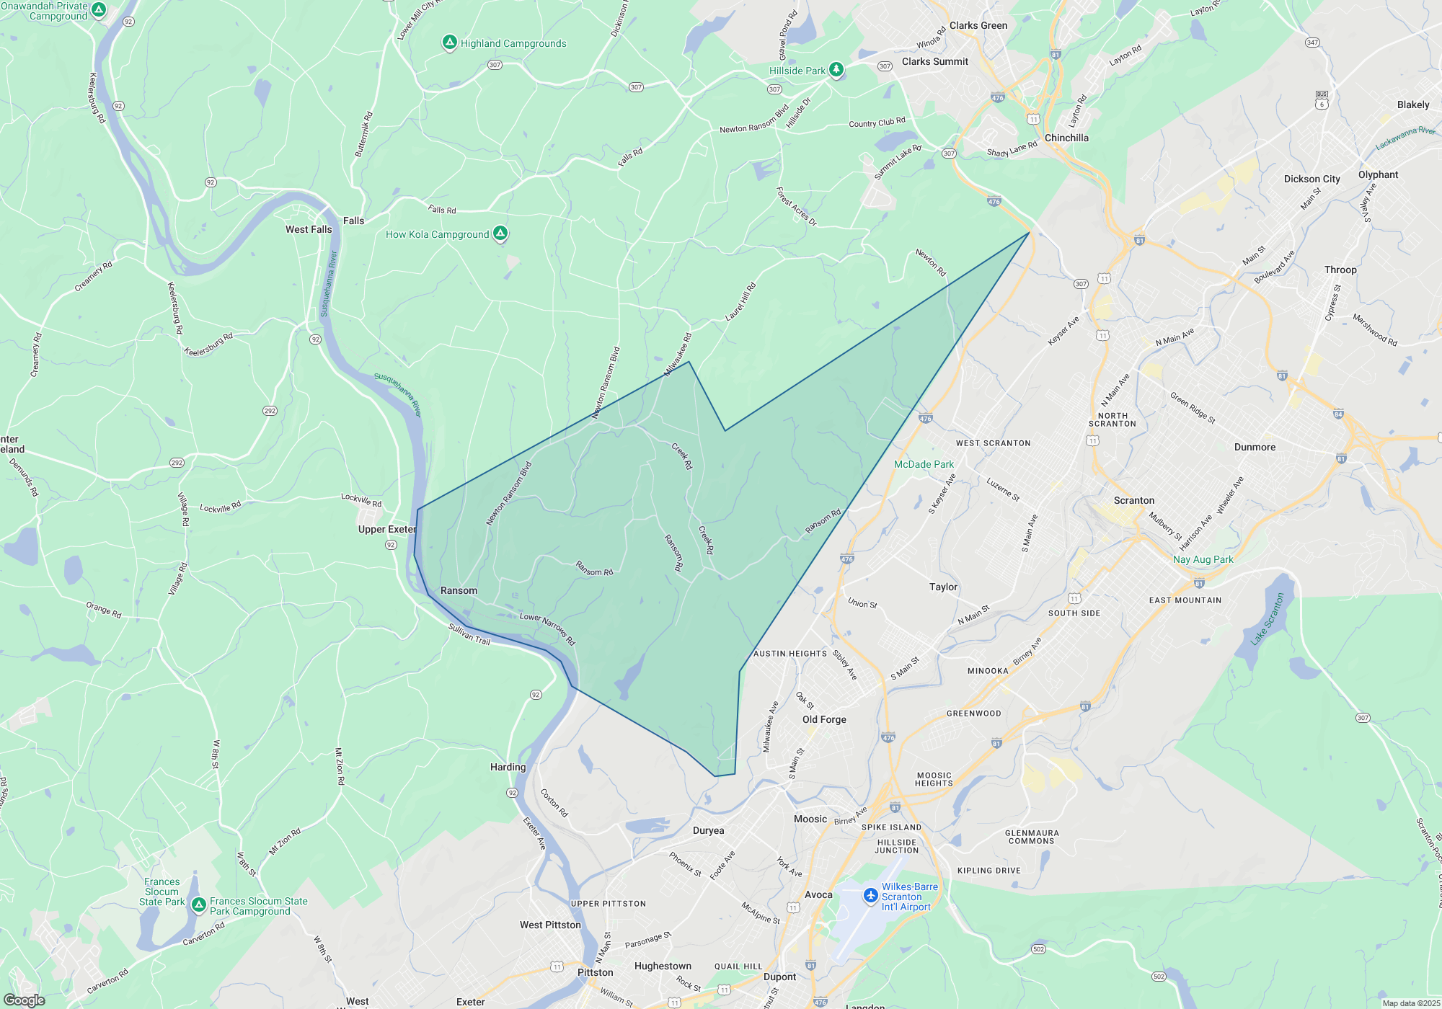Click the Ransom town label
click(459, 590)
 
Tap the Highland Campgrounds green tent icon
click(450, 43)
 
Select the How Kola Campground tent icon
click(500, 234)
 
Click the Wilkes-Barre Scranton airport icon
click(871, 896)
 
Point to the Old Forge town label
click(824, 719)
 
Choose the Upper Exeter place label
click(387, 529)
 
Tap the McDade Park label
click(924, 464)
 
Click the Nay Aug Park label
click(1203, 559)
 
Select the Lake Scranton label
click(1268, 618)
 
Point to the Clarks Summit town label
click(934, 61)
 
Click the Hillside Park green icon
click(836, 70)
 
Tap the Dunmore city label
click(1255, 447)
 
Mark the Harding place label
click(508, 767)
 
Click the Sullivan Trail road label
click(469, 634)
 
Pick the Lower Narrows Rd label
click(547, 628)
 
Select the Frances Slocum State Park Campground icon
click(199, 904)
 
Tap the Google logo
click(24, 1000)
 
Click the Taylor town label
click(943, 587)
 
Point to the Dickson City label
click(1311, 179)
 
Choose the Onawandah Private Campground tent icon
click(99, 10)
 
